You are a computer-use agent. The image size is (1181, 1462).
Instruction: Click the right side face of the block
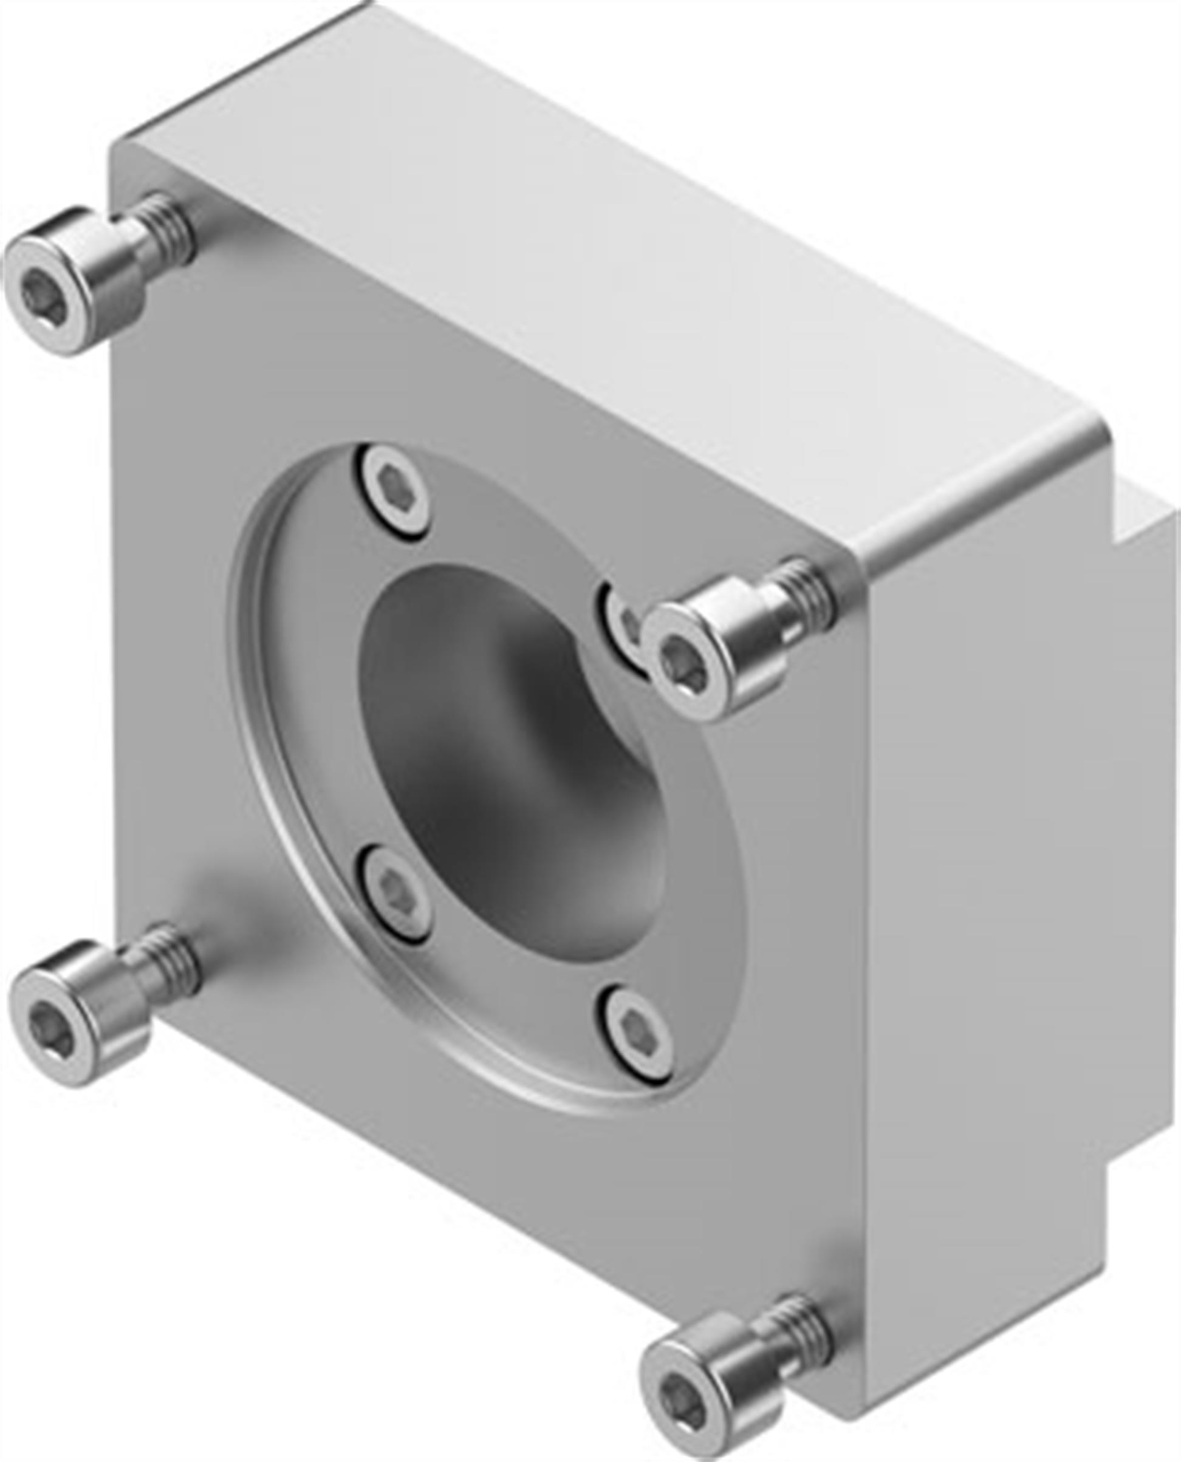980,884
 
